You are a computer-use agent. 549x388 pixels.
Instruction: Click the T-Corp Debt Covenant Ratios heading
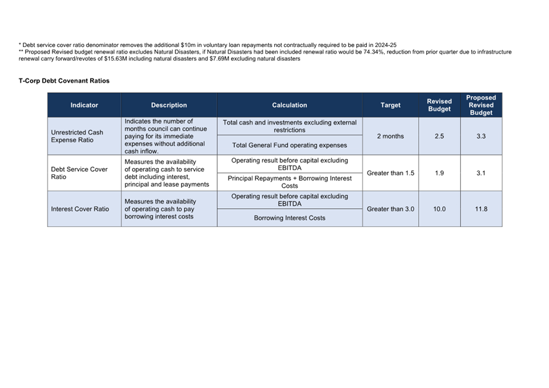tap(64, 81)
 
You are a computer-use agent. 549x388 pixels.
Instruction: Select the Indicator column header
tap(84, 105)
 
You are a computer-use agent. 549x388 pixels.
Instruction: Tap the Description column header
tap(169, 105)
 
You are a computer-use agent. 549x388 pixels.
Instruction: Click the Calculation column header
tap(289, 105)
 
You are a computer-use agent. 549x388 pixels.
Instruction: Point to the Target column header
tap(390, 105)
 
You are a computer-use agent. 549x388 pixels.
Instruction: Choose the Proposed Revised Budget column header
tap(481, 105)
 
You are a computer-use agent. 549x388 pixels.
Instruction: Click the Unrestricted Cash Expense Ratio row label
tap(77, 136)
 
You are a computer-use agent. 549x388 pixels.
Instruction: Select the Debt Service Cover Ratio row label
tap(79, 173)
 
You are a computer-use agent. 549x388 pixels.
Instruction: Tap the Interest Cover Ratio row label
tap(80, 209)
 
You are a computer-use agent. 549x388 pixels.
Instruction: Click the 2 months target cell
tap(390, 136)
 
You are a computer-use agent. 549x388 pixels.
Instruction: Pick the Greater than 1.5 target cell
tap(390, 173)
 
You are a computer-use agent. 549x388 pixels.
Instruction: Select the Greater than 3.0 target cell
tap(390, 209)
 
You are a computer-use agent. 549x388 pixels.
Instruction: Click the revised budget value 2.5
tap(439, 136)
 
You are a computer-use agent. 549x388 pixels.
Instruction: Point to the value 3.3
tap(481, 136)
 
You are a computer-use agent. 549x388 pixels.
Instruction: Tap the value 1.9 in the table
tap(439, 173)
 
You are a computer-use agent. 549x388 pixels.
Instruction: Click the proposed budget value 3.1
tap(481, 173)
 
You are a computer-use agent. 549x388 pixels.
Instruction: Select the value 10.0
tap(439, 209)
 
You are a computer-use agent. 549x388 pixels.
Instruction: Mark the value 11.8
tap(481, 209)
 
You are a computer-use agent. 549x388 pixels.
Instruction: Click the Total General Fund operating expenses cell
tap(289, 145)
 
